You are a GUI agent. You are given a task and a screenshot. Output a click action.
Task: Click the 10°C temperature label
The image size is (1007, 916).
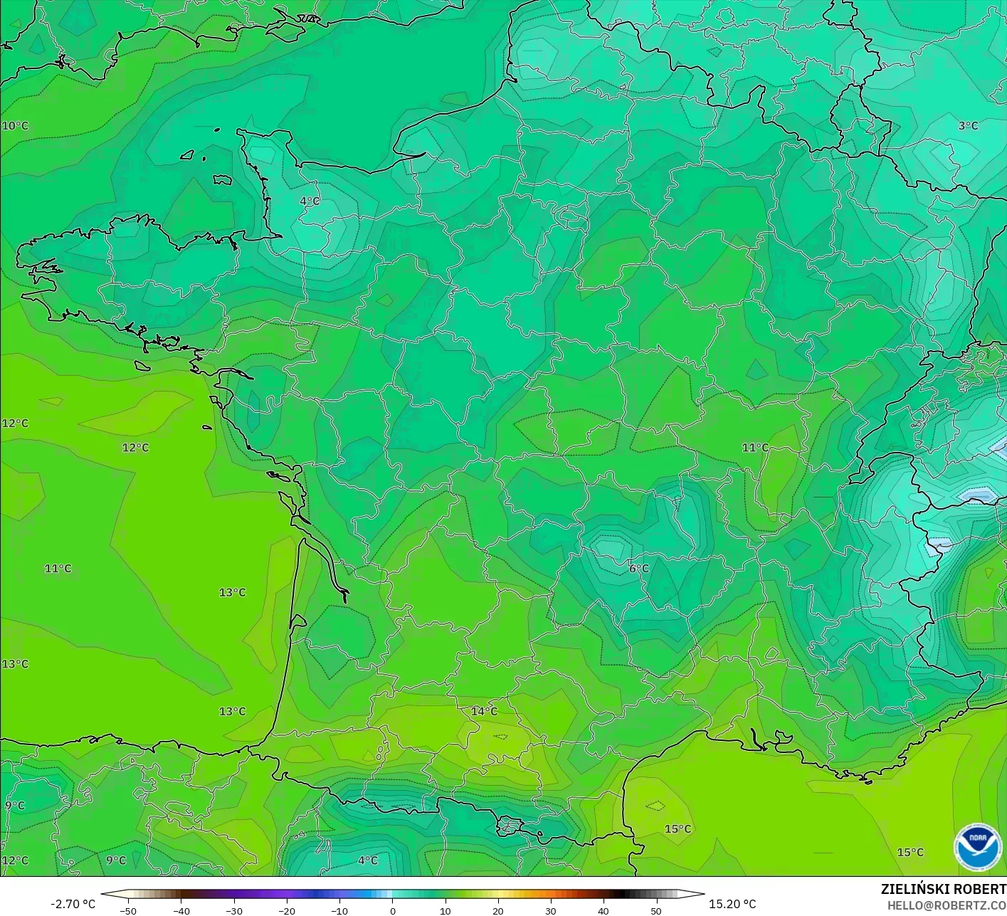(15, 126)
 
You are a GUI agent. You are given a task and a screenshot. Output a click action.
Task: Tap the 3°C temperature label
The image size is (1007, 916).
(968, 126)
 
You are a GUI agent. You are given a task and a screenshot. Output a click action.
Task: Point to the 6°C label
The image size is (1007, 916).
(638, 569)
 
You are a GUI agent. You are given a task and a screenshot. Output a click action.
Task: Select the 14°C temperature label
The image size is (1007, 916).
(484, 712)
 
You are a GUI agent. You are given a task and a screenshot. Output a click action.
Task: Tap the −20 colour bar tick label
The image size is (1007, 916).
(286, 910)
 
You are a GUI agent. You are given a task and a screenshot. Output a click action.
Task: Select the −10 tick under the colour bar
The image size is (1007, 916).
(339, 910)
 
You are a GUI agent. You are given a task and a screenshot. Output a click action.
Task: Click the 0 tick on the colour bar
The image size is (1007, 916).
(393, 910)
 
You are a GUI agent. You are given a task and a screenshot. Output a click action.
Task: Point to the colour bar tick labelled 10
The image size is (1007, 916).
(445, 910)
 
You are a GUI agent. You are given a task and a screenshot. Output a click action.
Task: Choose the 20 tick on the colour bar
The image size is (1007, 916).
(498, 910)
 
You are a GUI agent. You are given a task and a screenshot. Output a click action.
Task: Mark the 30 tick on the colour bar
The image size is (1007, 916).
(551, 910)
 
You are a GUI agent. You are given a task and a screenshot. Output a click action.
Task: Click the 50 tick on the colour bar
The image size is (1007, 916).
(656, 910)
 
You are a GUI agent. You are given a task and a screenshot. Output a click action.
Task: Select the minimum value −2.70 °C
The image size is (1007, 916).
(73, 904)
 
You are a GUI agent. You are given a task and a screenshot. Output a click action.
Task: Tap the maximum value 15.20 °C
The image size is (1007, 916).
(732, 904)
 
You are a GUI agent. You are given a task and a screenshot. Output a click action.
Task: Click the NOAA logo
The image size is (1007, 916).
(978, 846)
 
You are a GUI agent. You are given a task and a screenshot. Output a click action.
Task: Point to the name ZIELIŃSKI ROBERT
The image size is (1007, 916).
(943, 889)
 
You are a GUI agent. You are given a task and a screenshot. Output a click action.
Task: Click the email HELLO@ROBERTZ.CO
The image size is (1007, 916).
(947, 905)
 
